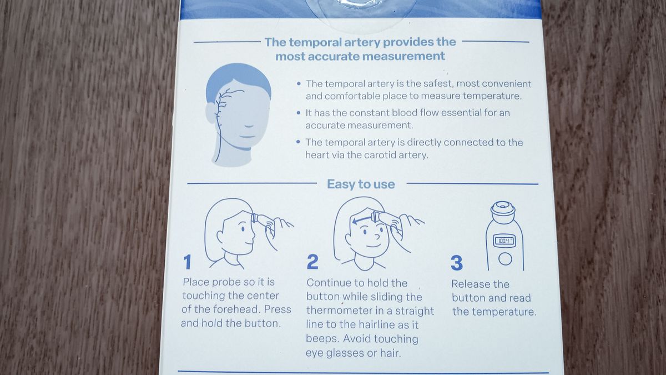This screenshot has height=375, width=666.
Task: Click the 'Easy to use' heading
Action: click(361, 184)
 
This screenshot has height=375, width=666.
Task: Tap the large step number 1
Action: click(188, 262)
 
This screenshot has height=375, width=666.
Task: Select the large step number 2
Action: click(312, 262)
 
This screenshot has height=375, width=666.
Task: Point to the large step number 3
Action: click(457, 262)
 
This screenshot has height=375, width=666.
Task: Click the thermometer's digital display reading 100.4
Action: click(504, 241)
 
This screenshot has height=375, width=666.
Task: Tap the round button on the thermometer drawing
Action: click(504, 258)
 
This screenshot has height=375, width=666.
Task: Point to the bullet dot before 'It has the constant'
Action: click(299, 112)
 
